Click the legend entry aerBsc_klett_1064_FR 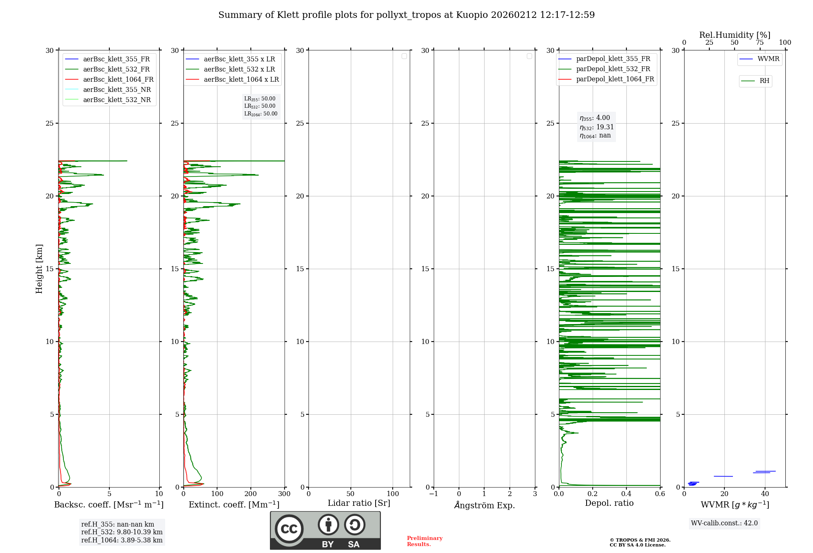pos(118,80)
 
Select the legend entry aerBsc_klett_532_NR pos(117,100)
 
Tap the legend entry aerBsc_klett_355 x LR pos(239,59)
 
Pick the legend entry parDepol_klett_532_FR pos(613,69)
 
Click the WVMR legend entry pos(768,59)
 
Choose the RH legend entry pos(764,81)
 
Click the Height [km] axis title pos(39,269)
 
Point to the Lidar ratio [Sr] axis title pos(359,503)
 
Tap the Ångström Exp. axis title pos(484,505)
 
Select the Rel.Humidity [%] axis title pos(735,35)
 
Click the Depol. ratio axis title pos(609,503)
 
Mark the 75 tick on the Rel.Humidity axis pos(759,43)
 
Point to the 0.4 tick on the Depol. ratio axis pos(626,494)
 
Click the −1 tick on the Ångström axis pos(433,494)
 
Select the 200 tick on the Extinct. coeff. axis pos(251,494)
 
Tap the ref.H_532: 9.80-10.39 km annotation pos(122,532)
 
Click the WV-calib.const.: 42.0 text pos(724,523)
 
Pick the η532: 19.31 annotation pos(596,127)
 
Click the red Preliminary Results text pos(424,541)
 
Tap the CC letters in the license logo pos(289,529)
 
